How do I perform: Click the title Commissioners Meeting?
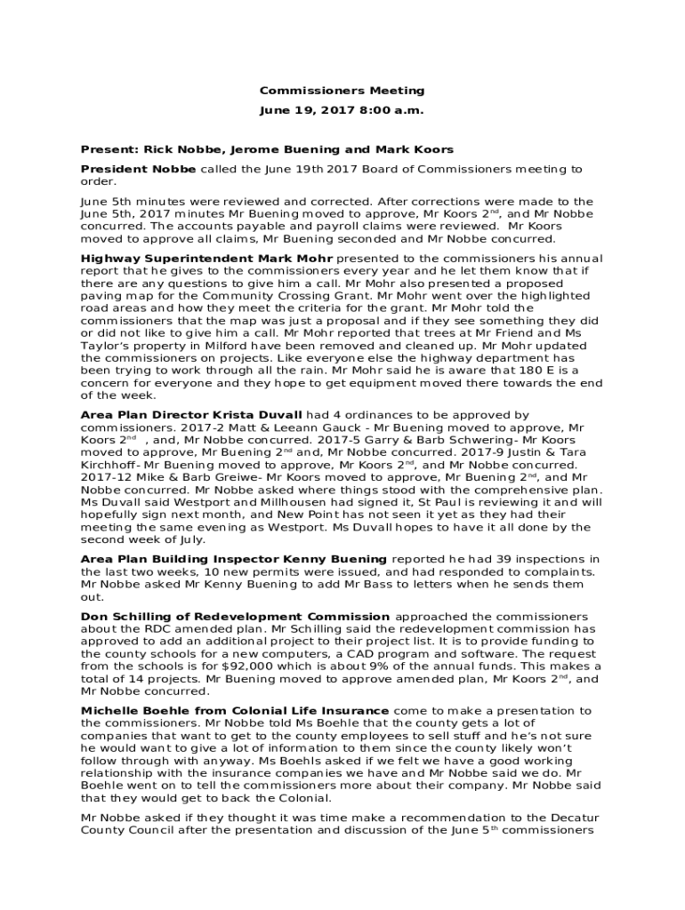[342, 91]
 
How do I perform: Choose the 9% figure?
[413, 667]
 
